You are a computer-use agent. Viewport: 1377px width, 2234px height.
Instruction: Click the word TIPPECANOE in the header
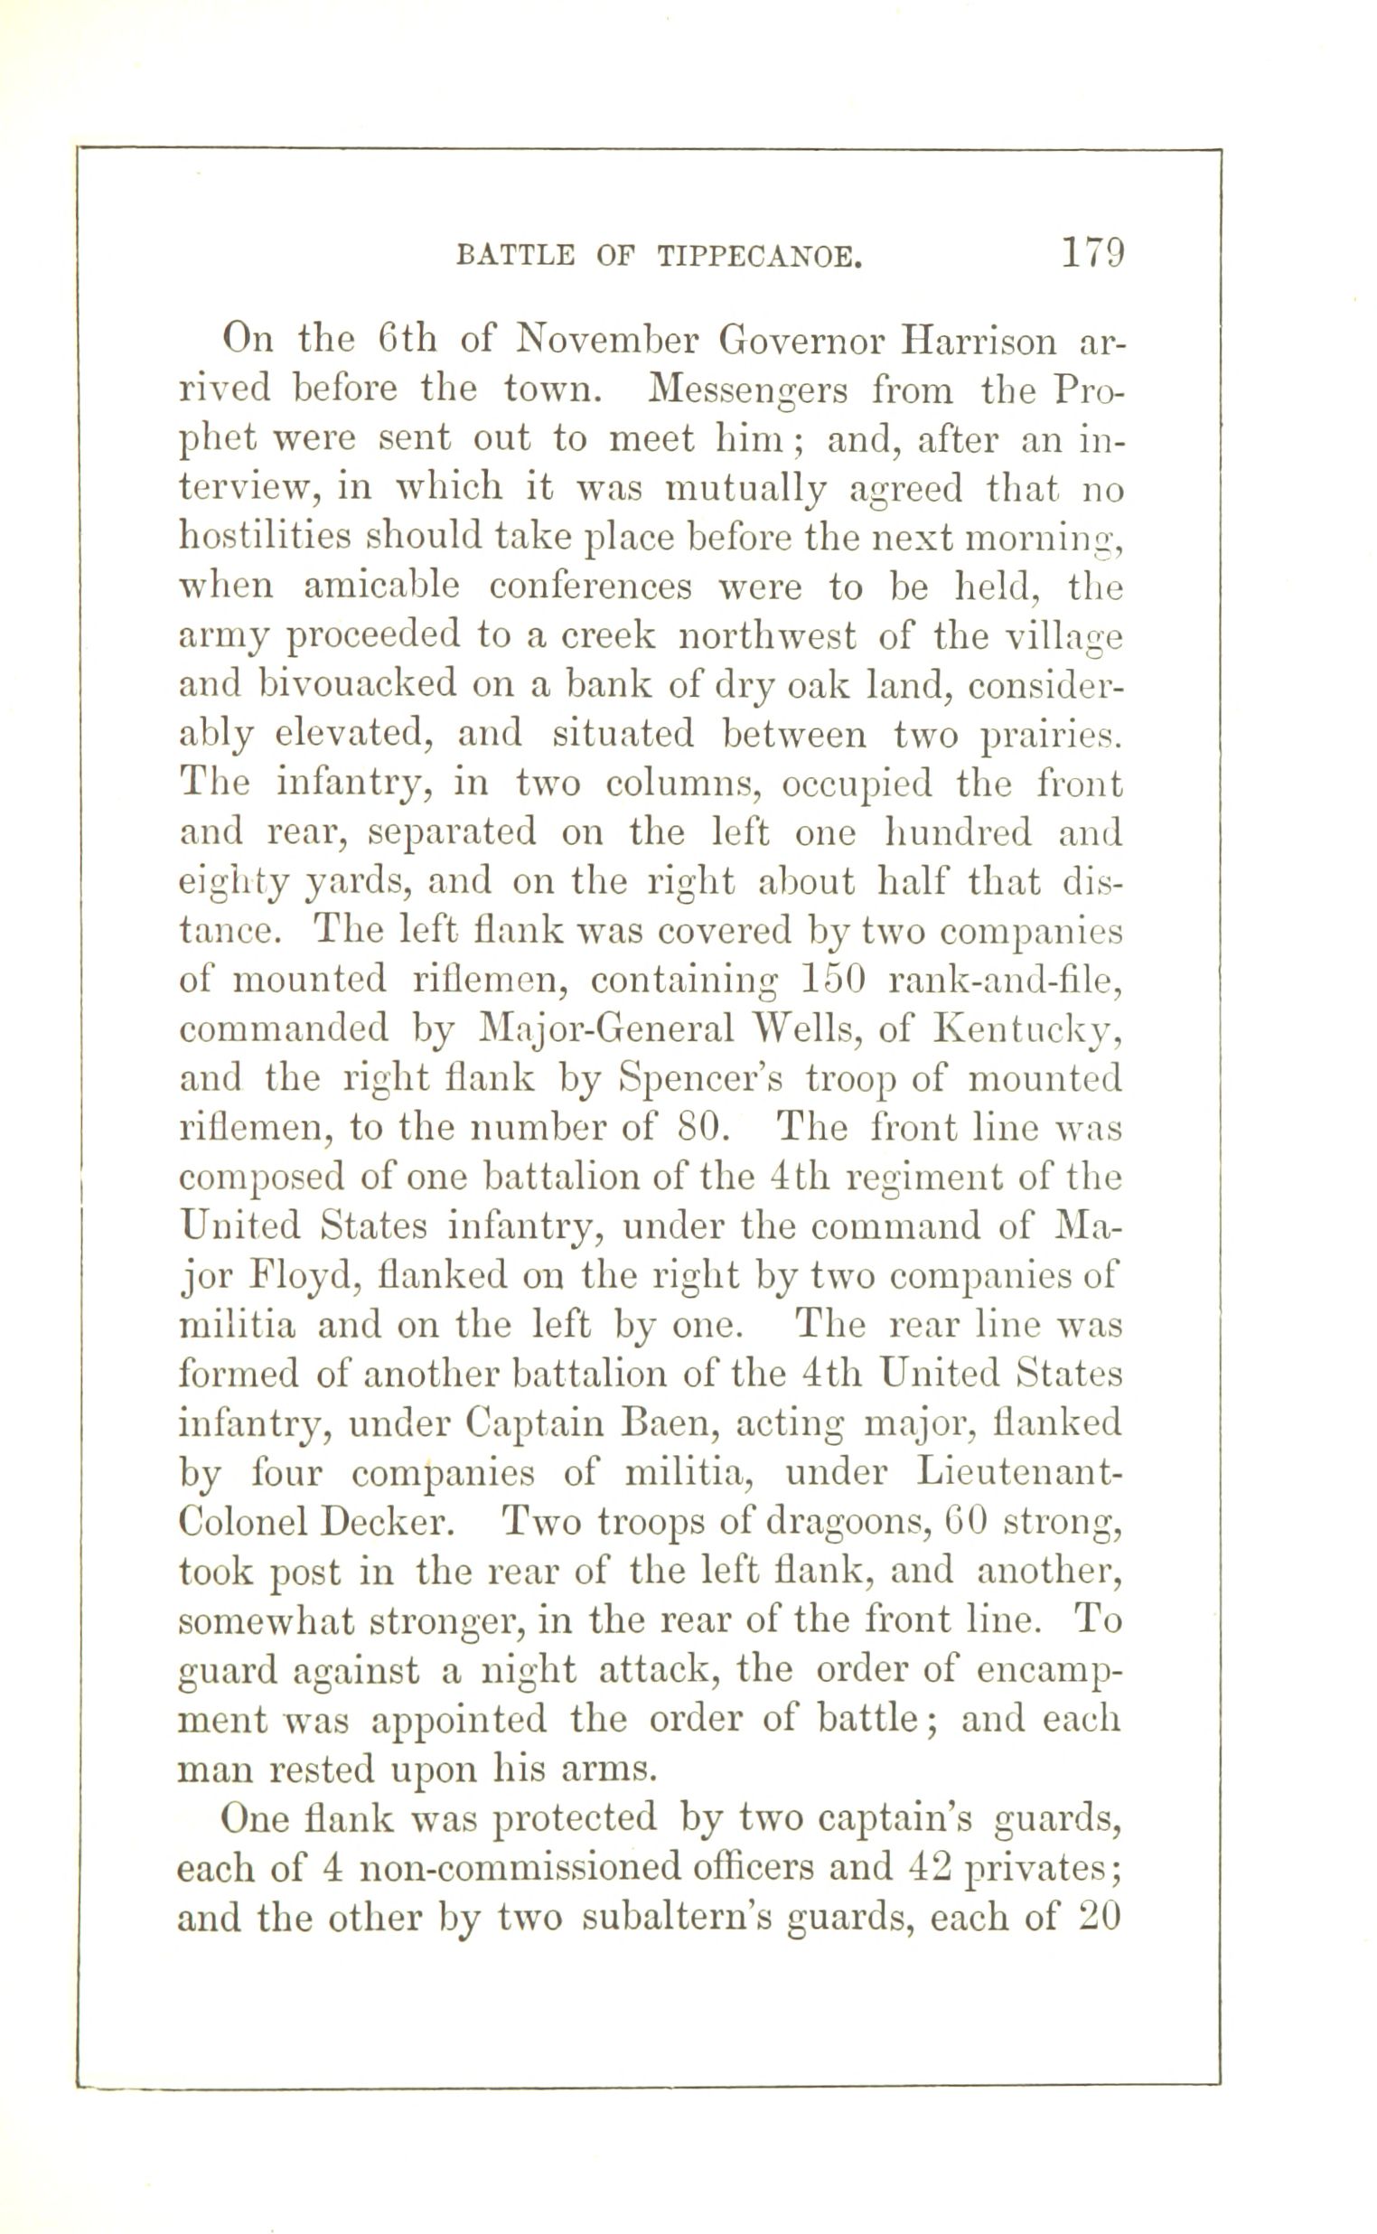click(759, 257)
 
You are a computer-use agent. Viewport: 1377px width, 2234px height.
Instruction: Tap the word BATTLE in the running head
click(515, 257)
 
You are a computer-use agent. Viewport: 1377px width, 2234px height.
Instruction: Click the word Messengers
click(748, 391)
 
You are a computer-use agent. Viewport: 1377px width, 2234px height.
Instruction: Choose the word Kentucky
click(1026, 1031)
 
